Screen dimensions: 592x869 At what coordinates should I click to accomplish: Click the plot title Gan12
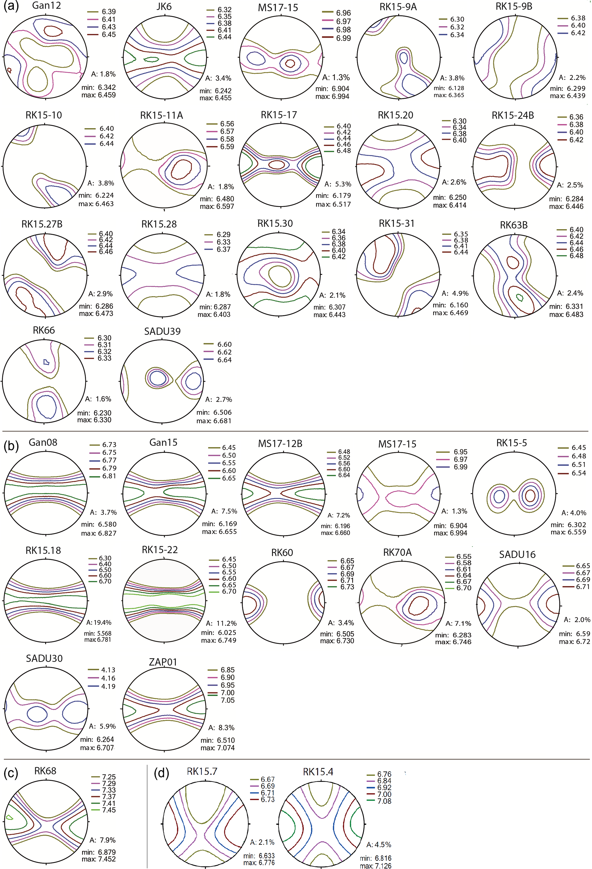point(46,6)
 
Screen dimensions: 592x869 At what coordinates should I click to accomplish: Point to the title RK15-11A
point(162,115)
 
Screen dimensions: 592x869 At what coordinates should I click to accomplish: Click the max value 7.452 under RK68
point(107,859)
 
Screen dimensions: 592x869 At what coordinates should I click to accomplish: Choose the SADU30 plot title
point(44,658)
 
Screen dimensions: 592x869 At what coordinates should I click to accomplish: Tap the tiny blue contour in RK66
point(46,362)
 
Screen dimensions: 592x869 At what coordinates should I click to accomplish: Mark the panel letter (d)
point(162,773)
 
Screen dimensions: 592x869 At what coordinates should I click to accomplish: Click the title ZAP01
point(163,662)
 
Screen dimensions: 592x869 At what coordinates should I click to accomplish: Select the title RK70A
point(397,552)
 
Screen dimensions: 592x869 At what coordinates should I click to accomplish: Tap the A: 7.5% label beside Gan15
point(224,511)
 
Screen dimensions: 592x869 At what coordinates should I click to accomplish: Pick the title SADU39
point(162,331)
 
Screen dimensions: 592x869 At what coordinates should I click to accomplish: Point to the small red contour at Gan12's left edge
point(9,70)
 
